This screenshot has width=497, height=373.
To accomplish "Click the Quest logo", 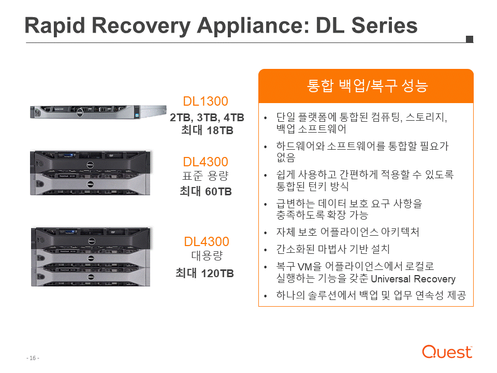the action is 447,352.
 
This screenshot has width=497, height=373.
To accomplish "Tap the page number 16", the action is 33,358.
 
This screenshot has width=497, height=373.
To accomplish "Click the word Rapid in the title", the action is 55,26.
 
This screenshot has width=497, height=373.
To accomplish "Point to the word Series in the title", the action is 385,25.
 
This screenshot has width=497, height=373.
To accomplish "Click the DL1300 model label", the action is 206,102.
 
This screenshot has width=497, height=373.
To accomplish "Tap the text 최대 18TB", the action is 207,131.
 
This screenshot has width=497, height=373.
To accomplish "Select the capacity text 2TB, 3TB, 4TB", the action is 207,118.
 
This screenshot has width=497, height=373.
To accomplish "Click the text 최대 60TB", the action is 206,191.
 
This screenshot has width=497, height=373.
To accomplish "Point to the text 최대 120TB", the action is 205,273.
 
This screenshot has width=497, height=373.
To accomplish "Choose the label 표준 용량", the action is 206,176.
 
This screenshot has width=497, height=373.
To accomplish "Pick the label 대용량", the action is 207,255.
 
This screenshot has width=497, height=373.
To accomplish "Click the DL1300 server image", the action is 98,112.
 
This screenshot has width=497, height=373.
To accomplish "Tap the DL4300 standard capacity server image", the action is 90,173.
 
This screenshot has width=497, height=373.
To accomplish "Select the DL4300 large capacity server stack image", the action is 91,257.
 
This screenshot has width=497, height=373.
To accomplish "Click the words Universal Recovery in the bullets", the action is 413,279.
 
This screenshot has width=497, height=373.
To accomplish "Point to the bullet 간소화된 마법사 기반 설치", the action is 333,249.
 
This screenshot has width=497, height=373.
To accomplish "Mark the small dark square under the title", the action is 470,39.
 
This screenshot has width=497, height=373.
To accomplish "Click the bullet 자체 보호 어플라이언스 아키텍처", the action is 348,232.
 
